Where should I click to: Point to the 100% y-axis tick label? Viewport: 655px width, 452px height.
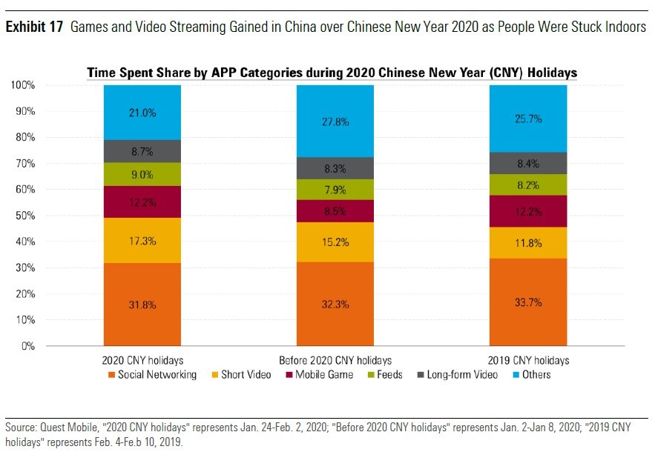click(22, 85)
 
